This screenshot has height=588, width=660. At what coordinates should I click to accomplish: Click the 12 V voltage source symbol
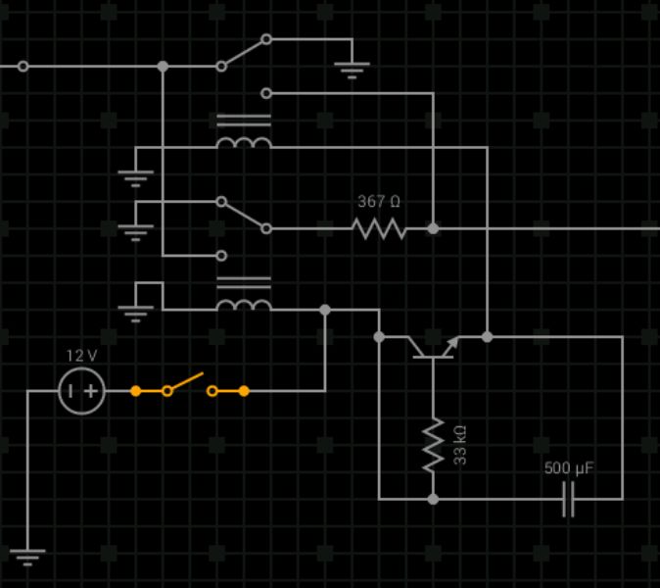[81, 391]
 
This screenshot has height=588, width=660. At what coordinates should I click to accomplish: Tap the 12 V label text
[81, 356]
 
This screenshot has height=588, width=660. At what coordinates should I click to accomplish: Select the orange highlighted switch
[189, 386]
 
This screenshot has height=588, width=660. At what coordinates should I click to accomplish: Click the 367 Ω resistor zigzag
[379, 228]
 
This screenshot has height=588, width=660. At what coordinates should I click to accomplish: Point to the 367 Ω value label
[379, 202]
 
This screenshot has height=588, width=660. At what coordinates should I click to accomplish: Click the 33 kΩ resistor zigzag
[432, 445]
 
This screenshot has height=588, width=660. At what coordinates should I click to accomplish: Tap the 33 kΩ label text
[459, 445]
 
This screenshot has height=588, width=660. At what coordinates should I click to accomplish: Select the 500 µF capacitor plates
[568, 499]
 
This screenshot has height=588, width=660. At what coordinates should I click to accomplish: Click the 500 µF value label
[569, 468]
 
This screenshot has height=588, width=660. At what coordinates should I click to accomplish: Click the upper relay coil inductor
[243, 143]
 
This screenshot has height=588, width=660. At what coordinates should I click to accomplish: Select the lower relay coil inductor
[243, 304]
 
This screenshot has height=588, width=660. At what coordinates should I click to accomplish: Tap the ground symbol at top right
[352, 69]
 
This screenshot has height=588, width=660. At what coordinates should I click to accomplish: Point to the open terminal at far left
[24, 67]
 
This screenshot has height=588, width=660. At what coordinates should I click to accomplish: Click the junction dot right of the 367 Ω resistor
[432, 228]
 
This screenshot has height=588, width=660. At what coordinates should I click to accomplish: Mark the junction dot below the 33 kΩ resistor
[432, 499]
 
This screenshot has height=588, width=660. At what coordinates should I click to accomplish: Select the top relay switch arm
[243, 53]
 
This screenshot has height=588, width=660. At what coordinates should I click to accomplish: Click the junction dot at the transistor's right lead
[487, 336]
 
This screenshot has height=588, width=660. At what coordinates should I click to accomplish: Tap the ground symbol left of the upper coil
[135, 177]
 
